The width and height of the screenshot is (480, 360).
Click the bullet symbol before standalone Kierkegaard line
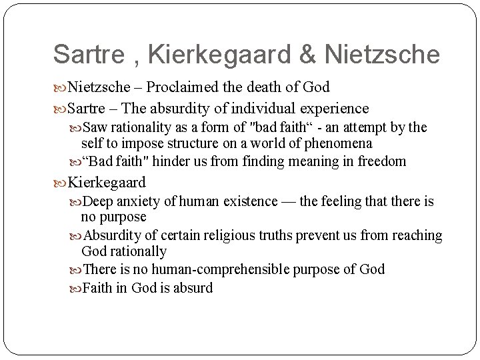[59, 182]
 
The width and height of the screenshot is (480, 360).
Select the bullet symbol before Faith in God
[75, 288]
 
